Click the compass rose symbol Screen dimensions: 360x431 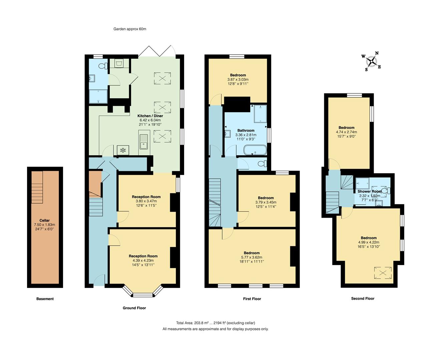pos(371,61)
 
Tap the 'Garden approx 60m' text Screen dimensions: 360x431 pos(130,29)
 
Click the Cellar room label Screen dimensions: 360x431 pos(44,220)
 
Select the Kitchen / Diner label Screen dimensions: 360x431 pos(150,116)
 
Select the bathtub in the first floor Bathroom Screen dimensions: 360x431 pos(255,150)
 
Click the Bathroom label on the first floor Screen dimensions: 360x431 pos(246,130)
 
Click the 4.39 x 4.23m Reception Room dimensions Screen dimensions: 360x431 pos(143,261)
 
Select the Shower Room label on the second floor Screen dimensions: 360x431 pos(370,191)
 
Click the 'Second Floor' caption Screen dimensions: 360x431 pos(363,299)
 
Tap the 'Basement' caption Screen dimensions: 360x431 pos(45,299)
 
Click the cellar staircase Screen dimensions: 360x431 pos(38,188)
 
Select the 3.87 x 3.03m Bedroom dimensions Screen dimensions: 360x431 pos(238,80)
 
